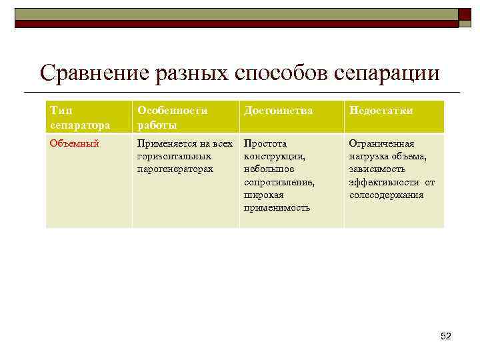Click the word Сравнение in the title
pyautogui.click(x=94, y=73)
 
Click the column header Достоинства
pyautogui.click(x=278, y=111)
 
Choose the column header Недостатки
pyautogui.click(x=381, y=111)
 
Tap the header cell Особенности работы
pyautogui.click(x=172, y=117)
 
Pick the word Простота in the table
pyautogui.click(x=265, y=143)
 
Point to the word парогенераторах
pyautogui.click(x=175, y=169)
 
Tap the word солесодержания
pyautogui.click(x=386, y=195)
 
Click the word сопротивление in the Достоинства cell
pyautogui.click(x=279, y=182)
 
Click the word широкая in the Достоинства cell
pyautogui.click(x=263, y=195)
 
